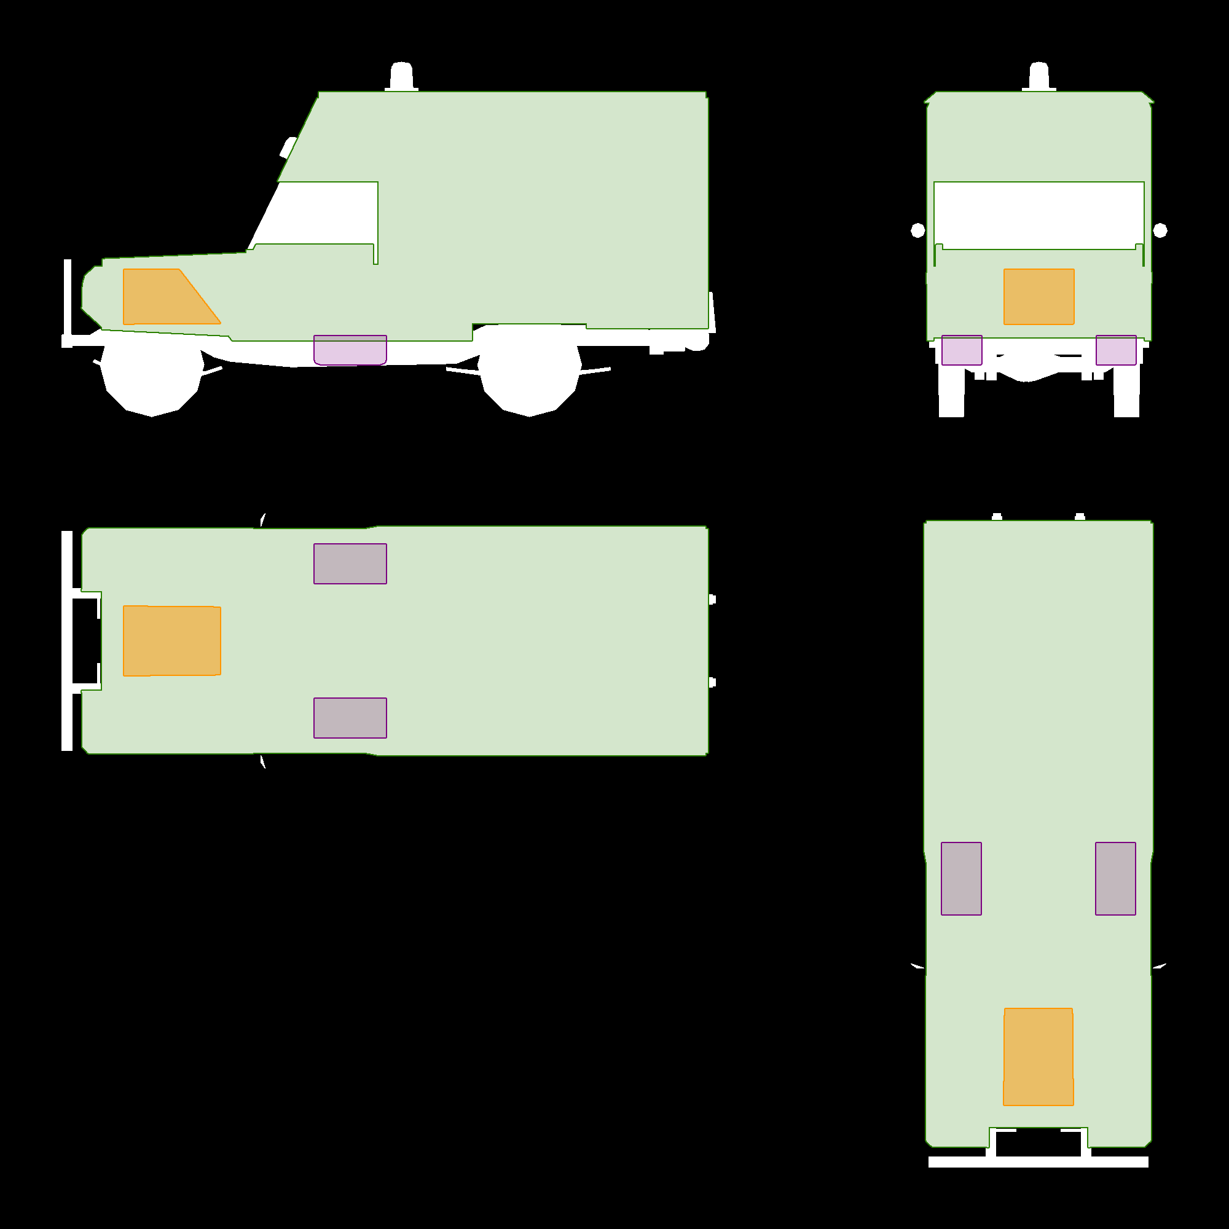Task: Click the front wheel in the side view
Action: (x=151, y=382)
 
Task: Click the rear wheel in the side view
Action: (x=529, y=382)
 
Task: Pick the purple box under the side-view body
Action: (x=350, y=350)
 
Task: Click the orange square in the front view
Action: (x=1039, y=296)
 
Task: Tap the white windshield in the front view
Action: (x=1039, y=215)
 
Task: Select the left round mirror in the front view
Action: (x=918, y=230)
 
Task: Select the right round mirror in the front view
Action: (x=1160, y=230)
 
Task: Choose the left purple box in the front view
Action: (x=962, y=350)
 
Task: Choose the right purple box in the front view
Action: (x=1116, y=350)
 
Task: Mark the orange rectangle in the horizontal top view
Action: (x=172, y=640)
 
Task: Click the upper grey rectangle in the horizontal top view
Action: (x=350, y=563)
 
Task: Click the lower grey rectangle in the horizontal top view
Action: (x=350, y=718)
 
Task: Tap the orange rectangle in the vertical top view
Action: (x=1038, y=1056)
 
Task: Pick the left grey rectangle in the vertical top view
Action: (x=961, y=879)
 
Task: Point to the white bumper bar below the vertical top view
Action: (x=1038, y=1162)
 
